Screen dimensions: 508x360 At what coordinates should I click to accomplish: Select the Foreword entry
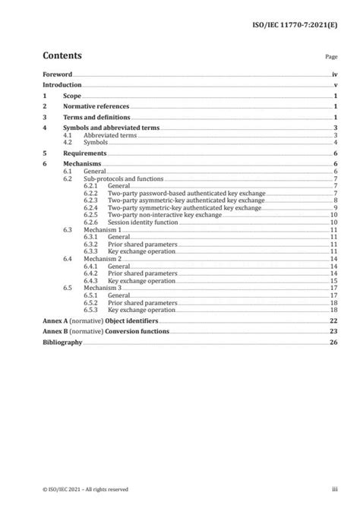coord(57,75)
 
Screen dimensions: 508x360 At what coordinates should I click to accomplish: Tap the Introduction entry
coord(63,86)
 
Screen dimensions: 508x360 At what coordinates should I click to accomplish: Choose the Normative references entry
coord(96,108)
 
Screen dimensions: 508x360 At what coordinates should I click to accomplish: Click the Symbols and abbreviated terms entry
coord(111,129)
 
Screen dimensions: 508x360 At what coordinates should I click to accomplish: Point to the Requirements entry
coord(84,153)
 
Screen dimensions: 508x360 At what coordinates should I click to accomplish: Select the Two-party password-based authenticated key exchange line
coord(171,193)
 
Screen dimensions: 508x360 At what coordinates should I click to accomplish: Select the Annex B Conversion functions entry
coord(104,333)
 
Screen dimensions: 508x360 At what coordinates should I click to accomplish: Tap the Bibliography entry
coord(62,343)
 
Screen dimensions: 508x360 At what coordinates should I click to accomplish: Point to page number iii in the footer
coord(334,490)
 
